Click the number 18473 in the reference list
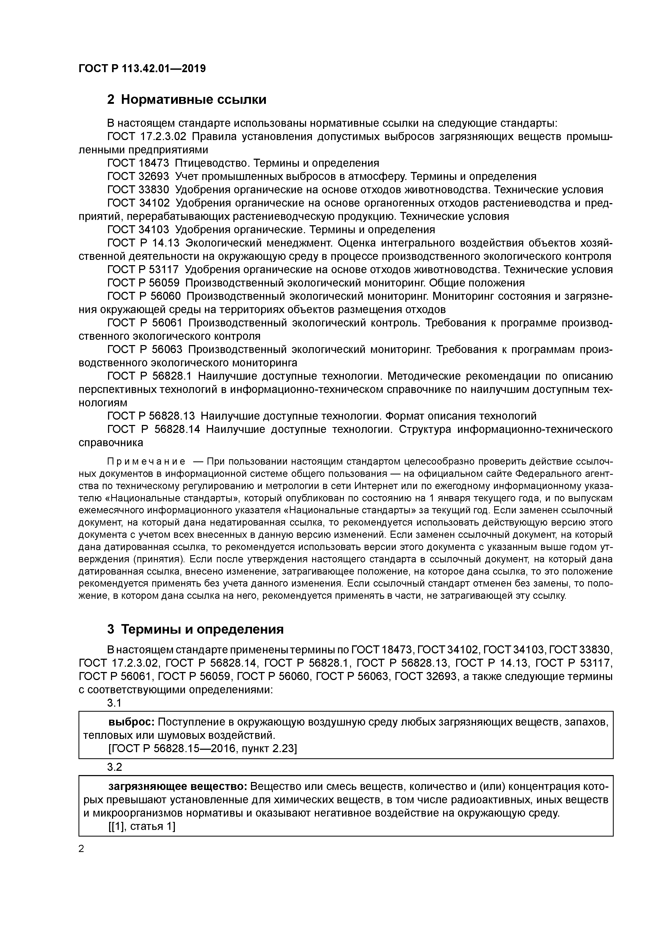pos(154,163)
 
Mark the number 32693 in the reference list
pos(154,177)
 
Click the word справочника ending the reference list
pos(111,443)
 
